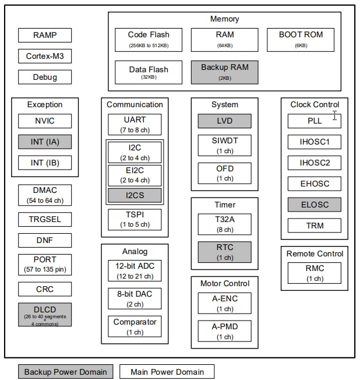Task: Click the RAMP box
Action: (45, 35)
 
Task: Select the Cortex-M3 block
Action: (45, 56)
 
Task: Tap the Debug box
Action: (45, 77)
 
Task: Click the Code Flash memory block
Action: (149, 39)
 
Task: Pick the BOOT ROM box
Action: (301, 39)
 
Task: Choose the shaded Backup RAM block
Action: (224, 72)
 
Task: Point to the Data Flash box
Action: (149, 72)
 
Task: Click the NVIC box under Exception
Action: (45, 121)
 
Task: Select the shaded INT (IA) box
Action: (45, 142)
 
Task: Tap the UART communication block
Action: (135, 124)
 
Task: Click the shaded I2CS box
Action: (135, 195)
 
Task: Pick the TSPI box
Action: (135, 219)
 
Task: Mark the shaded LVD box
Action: (224, 121)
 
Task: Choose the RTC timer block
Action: (224, 251)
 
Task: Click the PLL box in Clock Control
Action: (315, 121)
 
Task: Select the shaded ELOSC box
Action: (315, 205)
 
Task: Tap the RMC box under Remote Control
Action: (315, 273)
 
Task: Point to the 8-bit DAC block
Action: (135, 298)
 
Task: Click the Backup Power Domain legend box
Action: (66, 372)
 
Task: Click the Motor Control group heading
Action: (224, 283)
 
